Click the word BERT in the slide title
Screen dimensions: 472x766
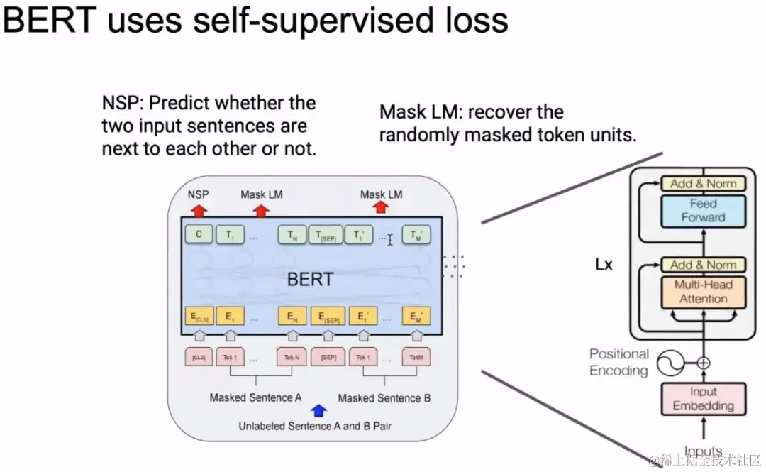pos(50,21)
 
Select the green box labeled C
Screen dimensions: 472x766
pos(199,234)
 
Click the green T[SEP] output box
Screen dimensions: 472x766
pos(326,235)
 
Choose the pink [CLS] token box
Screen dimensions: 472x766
pos(199,357)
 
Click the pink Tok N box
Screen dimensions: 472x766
pos(292,357)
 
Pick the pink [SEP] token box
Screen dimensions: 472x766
pos(328,357)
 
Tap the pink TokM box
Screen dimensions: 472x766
pos(416,357)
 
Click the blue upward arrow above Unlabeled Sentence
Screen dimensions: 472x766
pos(319,410)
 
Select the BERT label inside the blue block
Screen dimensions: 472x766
pos(310,279)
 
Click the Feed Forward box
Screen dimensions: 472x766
pos(704,210)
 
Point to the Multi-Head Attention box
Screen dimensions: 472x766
pos(704,292)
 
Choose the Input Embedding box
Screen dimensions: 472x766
pos(704,399)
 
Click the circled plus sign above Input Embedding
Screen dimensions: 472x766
pos(703,364)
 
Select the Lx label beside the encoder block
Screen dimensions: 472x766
pos(604,265)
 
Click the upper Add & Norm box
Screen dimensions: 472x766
pos(704,183)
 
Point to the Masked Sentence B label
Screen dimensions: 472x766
pos(384,398)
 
